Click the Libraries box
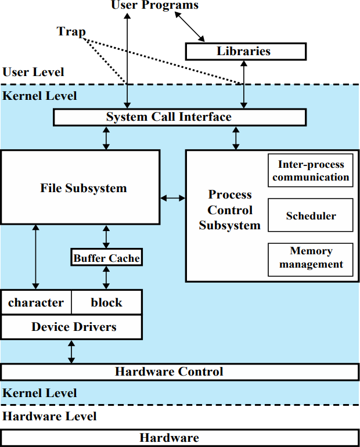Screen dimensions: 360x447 point(246,51)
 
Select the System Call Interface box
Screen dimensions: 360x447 point(179,117)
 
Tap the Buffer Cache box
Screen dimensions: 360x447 point(107,257)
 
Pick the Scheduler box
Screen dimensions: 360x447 point(311,215)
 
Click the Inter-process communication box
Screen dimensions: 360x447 point(311,171)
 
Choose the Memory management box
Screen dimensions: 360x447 point(311,259)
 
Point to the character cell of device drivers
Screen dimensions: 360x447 point(36,302)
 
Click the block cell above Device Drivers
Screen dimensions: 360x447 point(107,302)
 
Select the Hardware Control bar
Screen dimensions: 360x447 point(180,372)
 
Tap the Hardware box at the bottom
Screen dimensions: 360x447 point(180,438)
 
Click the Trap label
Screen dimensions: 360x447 point(71,32)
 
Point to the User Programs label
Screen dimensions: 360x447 point(155,5)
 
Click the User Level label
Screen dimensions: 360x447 point(33,72)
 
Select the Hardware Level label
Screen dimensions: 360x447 point(49,416)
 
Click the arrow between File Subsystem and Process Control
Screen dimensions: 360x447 point(172,198)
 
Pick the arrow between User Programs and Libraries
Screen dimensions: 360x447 point(189,27)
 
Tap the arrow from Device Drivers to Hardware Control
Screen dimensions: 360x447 point(71,351)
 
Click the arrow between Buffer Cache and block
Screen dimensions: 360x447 point(106,278)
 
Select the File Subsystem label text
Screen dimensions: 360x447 point(84,188)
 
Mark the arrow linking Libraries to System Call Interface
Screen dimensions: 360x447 point(244,84)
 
